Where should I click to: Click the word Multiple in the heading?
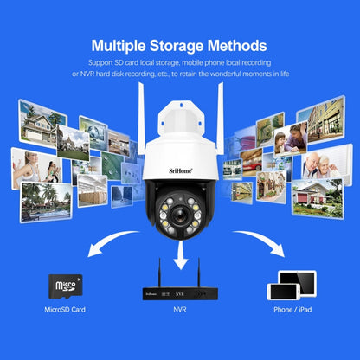click(x=123, y=45)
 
